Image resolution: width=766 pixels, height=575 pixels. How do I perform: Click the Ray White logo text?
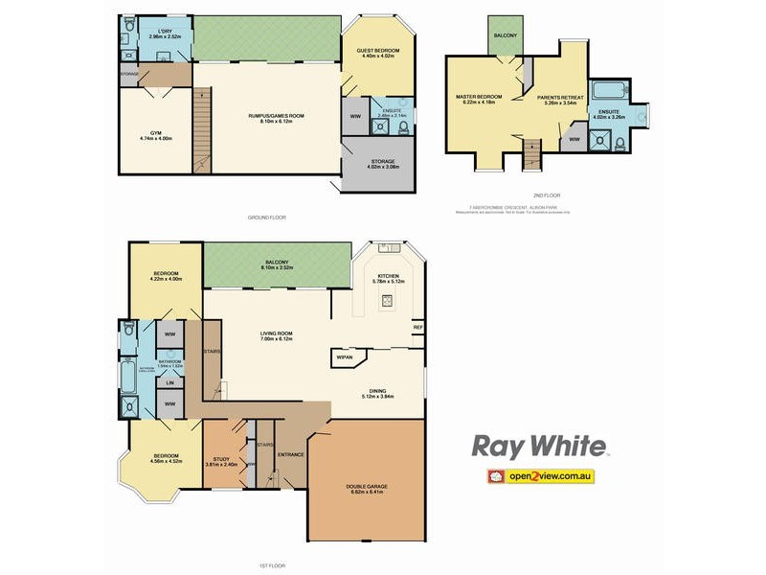pos(538,447)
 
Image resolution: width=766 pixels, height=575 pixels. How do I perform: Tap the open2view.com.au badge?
pos(541,475)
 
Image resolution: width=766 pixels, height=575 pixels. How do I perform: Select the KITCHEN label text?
pos(388,276)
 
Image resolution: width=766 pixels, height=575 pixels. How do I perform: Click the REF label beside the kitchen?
pos(417,328)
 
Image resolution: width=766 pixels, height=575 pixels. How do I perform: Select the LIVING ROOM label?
pos(276,333)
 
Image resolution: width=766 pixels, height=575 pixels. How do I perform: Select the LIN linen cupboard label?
pos(169,383)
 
